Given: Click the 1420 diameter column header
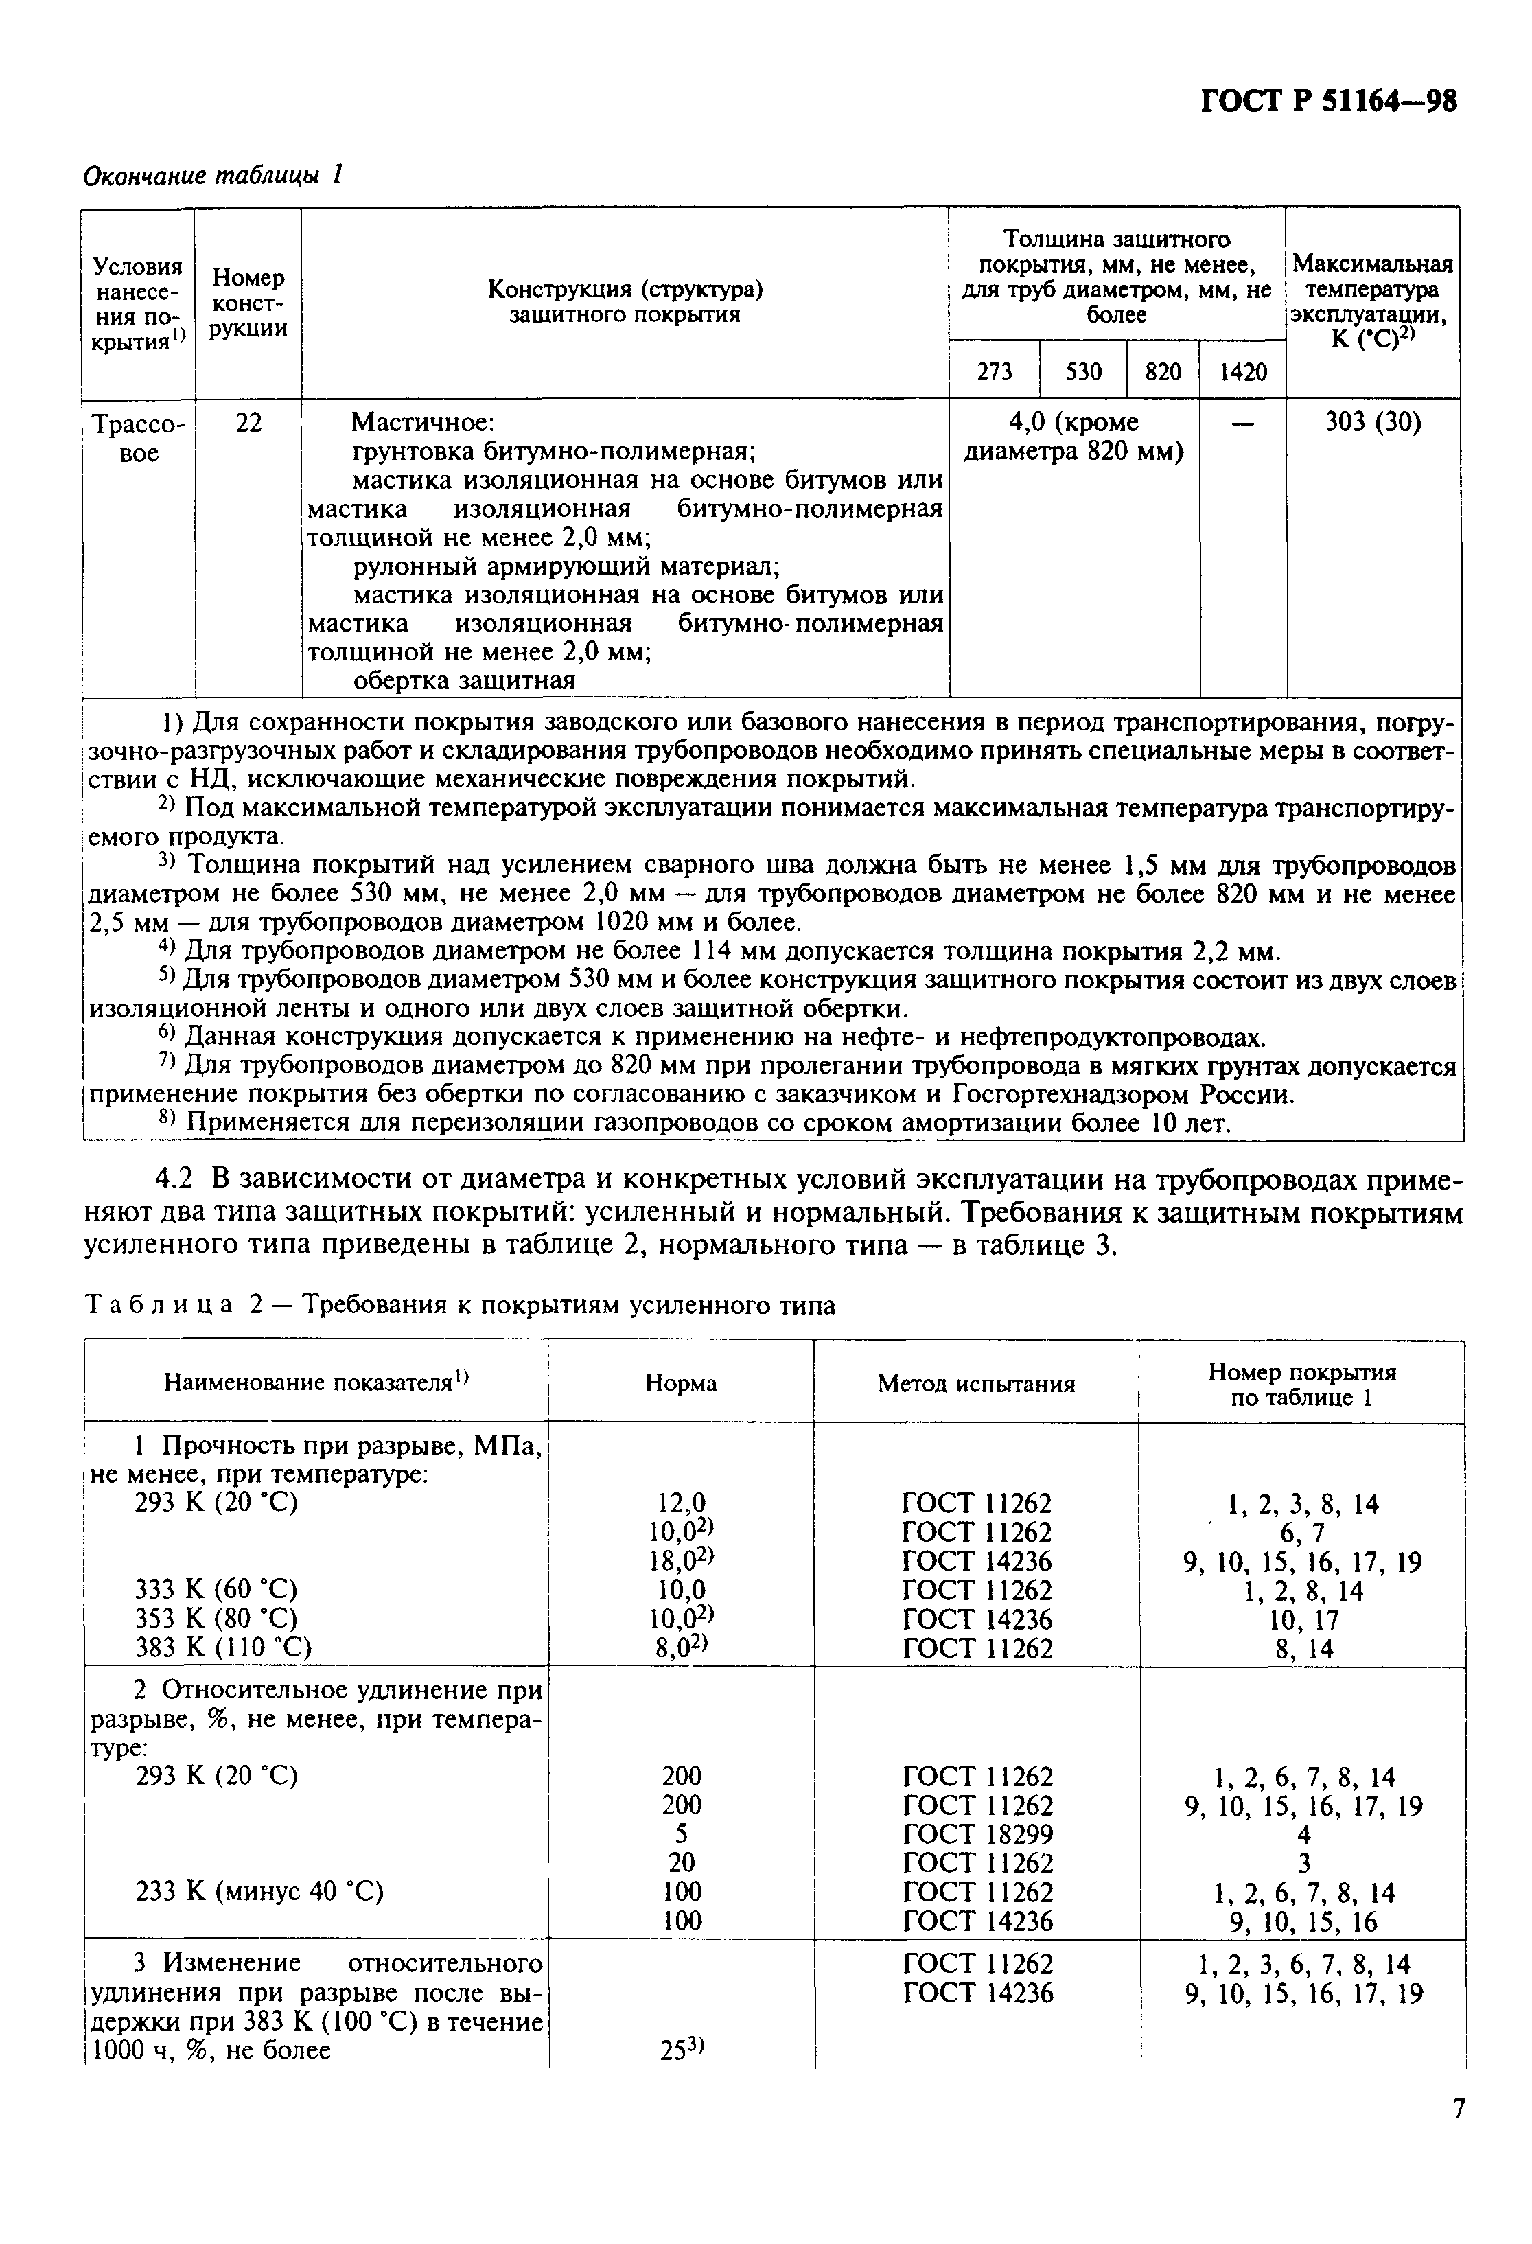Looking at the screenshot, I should point(1242,372).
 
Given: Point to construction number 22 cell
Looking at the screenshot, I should point(248,423).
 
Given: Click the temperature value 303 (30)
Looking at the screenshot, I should point(1373,423).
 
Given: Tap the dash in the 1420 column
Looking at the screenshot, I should point(1243,423).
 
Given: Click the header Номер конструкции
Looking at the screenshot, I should point(249,303).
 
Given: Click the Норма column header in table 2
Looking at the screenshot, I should point(681,1384).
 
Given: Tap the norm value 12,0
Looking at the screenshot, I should point(681,1503).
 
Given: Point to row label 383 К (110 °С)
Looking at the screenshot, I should point(223,1648).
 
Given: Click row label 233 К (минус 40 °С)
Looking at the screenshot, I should point(259,1892).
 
